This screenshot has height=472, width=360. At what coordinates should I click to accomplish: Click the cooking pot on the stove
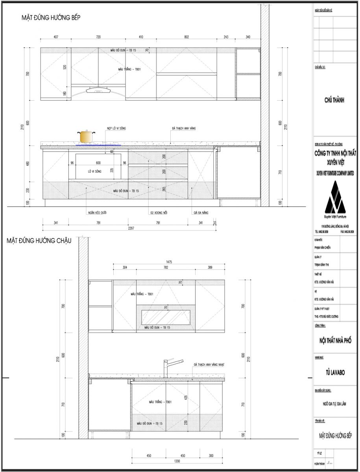[86, 137]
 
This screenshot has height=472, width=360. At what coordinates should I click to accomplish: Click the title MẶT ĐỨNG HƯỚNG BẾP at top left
[51, 18]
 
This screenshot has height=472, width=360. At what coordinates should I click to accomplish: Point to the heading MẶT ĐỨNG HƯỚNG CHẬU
[39, 241]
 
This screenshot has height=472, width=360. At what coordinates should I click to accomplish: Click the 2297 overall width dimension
[129, 229]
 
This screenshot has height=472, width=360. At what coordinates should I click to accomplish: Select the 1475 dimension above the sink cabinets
[169, 262]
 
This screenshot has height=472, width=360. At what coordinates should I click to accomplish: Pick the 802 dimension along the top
[186, 37]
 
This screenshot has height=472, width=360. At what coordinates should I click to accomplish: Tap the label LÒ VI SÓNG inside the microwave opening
[95, 171]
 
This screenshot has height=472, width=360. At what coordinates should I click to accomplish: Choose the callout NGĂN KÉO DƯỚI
[97, 213]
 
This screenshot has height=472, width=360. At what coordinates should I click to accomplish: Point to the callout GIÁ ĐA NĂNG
[201, 213]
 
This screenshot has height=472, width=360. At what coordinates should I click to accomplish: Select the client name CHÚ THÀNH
[334, 100]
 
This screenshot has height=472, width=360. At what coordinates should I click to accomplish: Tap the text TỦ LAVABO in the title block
[335, 372]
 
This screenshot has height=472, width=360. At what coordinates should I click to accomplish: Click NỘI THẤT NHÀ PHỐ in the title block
[335, 341]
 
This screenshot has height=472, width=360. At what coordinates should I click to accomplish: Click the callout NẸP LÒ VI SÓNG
[117, 129]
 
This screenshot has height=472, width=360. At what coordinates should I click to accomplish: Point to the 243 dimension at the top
[226, 37]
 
